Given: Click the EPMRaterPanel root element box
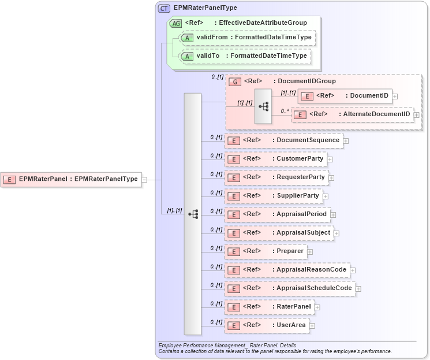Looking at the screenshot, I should coord(72,179).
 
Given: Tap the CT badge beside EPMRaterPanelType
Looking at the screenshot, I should coord(164,8).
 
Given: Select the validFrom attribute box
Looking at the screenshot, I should coord(247,38).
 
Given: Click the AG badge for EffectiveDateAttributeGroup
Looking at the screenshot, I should coord(175,23).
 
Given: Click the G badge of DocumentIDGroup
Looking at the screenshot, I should coord(235,81).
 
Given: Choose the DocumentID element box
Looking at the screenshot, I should coord(344,95).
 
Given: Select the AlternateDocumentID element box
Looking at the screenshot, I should coord(352,114).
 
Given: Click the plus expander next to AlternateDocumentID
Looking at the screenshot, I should coord(417,115).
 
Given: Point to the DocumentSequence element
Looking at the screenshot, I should coord(283,140).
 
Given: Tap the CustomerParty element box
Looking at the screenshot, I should coord(275,159).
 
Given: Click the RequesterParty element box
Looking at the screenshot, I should coord(276,177).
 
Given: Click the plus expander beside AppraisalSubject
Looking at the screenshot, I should coord(336,233).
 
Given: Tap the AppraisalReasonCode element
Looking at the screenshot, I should coord(287,270).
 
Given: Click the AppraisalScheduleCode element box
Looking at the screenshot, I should coord(290,288).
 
